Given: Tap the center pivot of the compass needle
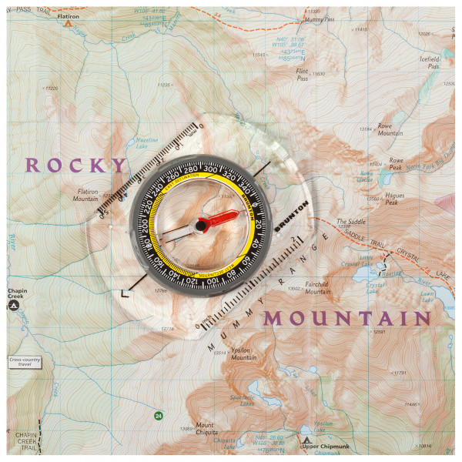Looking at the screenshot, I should click(202, 225).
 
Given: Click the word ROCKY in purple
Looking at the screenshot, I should click(75, 165).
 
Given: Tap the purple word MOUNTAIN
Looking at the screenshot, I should click(346, 319).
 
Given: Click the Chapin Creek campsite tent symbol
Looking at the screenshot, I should click(13, 306).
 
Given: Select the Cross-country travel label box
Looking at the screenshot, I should click(25, 360).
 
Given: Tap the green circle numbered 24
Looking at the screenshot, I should click(158, 416).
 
